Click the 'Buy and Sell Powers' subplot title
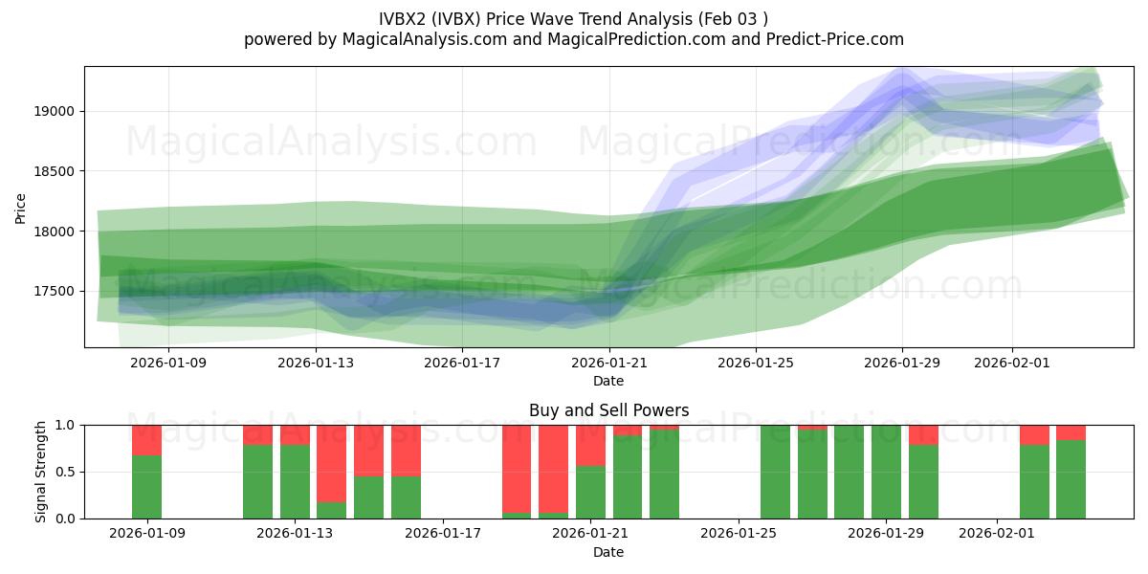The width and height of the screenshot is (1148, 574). coord(608,410)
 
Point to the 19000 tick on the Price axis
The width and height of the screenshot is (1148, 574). coord(58,111)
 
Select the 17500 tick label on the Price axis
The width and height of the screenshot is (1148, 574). coord(58,291)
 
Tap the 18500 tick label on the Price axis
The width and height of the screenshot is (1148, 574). coord(58,171)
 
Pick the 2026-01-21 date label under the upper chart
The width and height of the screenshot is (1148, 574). coord(609,363)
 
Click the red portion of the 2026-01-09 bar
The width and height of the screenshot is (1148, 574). coord(146,440)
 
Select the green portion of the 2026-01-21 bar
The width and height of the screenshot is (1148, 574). coord(590,492)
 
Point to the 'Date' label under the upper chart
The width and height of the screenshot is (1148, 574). coord(608,381)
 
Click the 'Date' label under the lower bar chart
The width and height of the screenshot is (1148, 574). coord(608,552)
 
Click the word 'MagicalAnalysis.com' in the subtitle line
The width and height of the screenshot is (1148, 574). coord(416,39)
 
